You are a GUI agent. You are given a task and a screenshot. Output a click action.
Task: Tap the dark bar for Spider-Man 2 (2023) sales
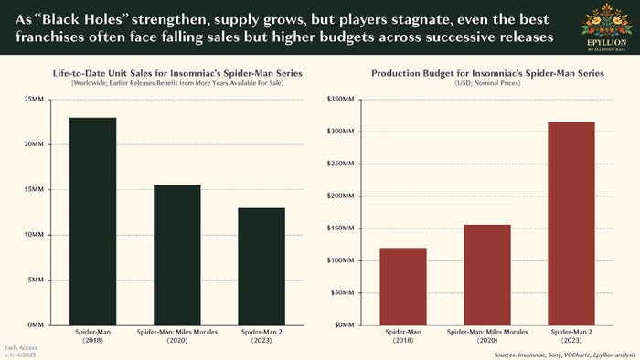point(261,266)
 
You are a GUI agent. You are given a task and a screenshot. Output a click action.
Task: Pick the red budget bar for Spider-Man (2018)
point(403,286)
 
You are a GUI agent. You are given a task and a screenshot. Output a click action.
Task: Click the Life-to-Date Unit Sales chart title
point(176,73)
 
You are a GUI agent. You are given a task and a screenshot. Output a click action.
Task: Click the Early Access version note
point(20,349)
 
